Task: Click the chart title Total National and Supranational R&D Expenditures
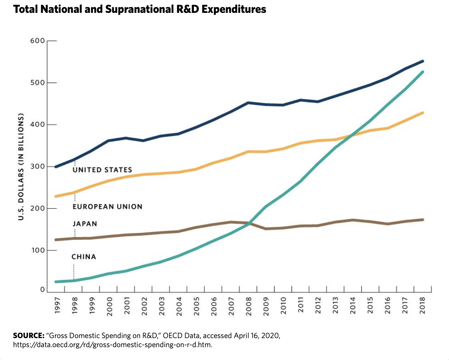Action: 140,9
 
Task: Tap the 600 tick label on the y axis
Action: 38,41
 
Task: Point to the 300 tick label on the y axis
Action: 38,167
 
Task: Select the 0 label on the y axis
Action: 42,289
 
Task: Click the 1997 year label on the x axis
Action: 57,306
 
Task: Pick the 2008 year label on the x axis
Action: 249,306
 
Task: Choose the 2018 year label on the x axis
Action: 423,306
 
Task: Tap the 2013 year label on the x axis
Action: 336,306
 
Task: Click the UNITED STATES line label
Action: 103,170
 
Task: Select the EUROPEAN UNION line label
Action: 108,207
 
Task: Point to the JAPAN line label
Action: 85,224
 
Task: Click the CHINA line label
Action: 84,257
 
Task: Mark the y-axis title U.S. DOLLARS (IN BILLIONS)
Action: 21,166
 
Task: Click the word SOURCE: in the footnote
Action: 28,336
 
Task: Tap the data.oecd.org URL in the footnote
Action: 112,345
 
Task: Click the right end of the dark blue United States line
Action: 423,61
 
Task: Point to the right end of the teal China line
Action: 423,72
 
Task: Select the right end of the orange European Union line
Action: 423,113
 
